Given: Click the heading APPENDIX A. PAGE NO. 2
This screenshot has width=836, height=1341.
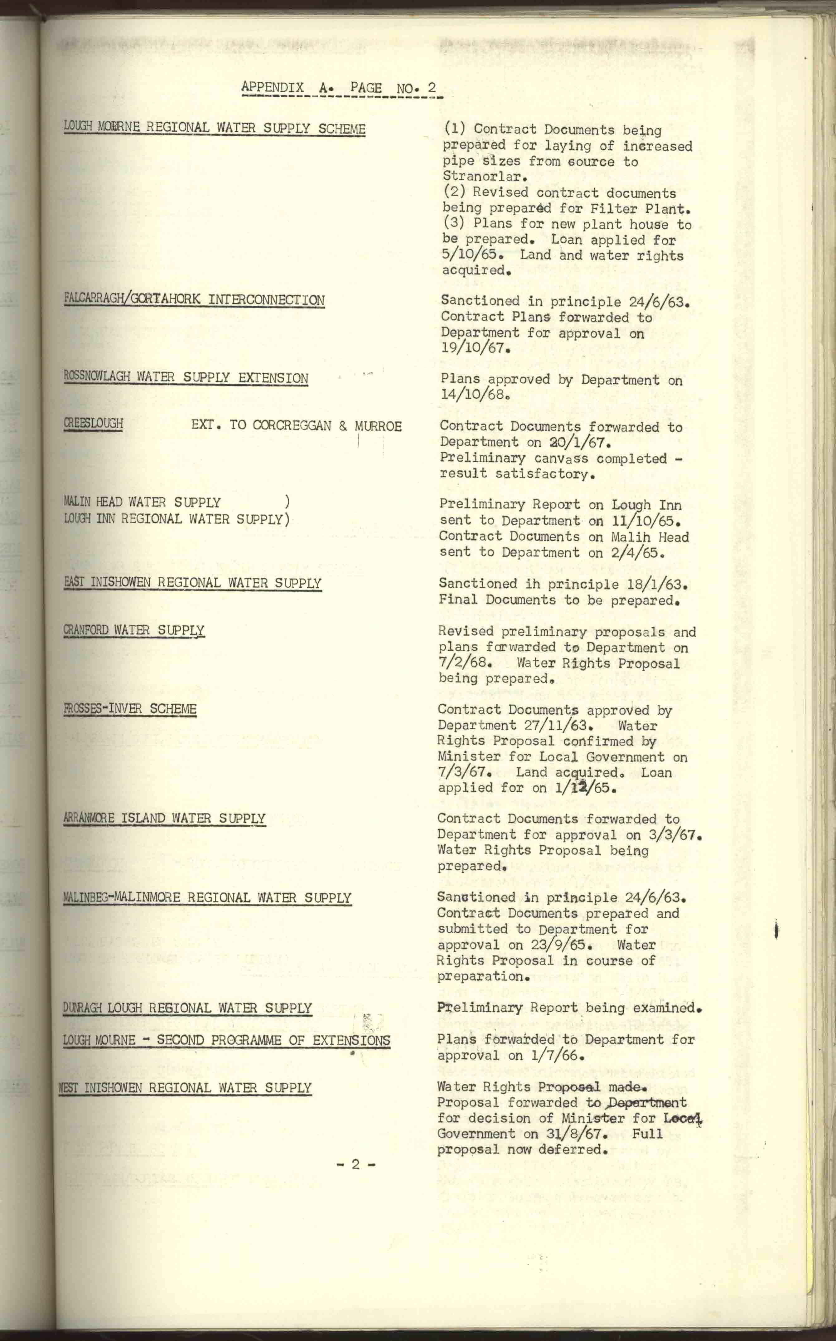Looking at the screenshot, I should [339, 88].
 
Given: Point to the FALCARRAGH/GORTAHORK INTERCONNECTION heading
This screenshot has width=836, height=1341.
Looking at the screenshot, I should [194, 300].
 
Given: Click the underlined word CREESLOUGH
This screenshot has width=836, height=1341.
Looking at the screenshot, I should [94, 424].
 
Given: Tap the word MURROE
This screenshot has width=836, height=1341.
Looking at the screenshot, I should [378, 426].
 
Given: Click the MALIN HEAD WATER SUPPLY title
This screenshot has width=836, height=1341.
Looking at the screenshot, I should [142, 502].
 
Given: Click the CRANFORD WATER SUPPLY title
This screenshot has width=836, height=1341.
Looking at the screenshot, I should [134, 630].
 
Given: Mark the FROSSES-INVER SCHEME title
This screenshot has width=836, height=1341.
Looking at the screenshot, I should [130, 709].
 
